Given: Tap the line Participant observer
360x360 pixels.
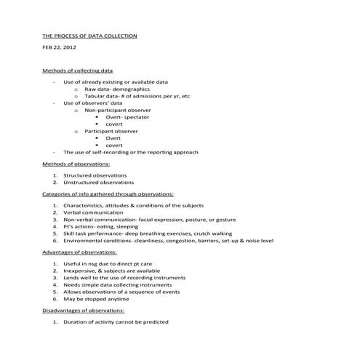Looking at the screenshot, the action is coord(111,131).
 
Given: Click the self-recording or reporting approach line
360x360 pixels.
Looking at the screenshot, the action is coord(130,152).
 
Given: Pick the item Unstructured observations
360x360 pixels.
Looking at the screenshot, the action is coord(98,183).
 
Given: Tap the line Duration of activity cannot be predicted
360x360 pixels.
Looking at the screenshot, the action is coord(116,321).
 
